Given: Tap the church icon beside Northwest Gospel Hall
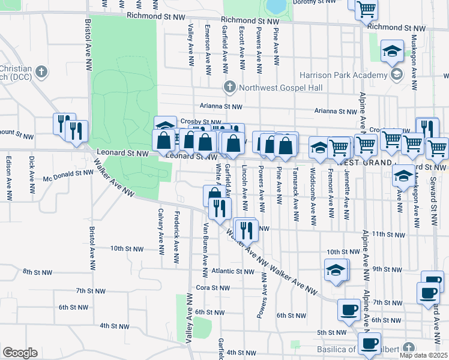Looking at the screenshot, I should point(229,88).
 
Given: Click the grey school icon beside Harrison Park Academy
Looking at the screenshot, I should point(396,74).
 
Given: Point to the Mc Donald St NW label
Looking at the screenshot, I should point(68,172).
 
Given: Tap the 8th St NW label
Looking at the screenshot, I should point(38,272).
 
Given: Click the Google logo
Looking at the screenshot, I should point(20,353).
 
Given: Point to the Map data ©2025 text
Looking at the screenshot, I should point(423,355).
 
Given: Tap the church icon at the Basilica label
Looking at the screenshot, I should point(409,348).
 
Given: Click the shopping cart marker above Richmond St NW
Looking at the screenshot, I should point(366,10).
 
